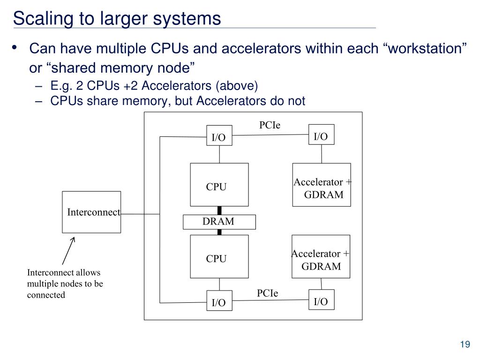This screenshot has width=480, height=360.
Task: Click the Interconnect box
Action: (91, 212)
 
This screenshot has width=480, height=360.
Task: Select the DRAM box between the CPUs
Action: (219, 222)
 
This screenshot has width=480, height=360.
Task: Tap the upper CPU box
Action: (219, 185)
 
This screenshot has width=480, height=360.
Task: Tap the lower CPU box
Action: (219, 256)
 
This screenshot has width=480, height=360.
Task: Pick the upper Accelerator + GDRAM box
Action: (322, 185)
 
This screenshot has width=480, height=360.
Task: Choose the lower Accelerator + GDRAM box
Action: (321, 256)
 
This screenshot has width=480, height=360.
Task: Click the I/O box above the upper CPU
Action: (219, 135)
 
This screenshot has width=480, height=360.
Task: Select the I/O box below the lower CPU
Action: (219, 300)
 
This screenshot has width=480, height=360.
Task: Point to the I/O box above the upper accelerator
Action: (322, 135)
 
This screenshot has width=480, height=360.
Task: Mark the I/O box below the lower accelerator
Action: (322, 300)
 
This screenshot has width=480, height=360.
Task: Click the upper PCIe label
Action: (270, 125)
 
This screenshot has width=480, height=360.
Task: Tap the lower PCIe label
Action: (267, 293)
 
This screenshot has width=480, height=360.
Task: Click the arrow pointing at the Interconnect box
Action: (68, 251)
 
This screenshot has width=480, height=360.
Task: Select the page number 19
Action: (465, 345)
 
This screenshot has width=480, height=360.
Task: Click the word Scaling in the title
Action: (43, 19)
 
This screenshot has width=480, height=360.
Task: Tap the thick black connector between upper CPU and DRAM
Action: (219, 210)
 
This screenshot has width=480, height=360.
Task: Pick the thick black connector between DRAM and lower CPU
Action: (219, 232)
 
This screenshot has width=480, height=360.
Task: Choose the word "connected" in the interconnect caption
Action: (46, 295)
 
